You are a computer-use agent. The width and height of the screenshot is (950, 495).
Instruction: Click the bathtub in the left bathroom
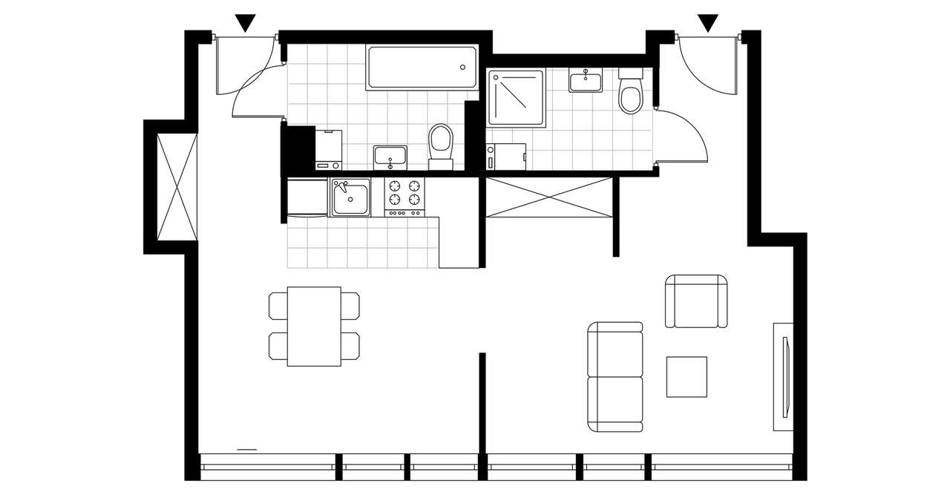point(422,68)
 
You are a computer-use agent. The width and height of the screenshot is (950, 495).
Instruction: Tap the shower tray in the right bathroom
point(516,97)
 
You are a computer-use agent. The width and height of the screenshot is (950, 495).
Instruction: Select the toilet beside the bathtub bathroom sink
point(441,143)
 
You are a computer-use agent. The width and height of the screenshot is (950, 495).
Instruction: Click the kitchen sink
point(350,197)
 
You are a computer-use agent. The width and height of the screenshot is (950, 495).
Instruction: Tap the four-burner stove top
point(404,194)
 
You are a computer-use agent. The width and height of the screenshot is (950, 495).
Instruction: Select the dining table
point(314,327)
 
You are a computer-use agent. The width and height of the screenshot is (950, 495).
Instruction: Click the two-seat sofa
point(615,377)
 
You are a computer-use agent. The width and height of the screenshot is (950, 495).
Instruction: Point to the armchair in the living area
point(696,301)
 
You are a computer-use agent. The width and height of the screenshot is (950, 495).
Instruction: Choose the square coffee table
point(687,376)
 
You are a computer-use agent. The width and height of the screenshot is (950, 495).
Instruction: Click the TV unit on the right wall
point(783,376)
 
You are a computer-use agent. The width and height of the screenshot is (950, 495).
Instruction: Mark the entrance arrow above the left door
point(245,24)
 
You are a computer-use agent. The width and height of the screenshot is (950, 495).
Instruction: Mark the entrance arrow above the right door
point(709,24)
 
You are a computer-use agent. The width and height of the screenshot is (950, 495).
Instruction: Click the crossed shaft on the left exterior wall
point(177,186)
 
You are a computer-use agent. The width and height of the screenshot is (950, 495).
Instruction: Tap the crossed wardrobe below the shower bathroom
point(549,197)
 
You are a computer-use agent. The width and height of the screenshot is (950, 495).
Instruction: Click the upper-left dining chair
point(278,304)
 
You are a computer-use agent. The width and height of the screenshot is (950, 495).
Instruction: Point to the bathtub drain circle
point(463,68)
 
